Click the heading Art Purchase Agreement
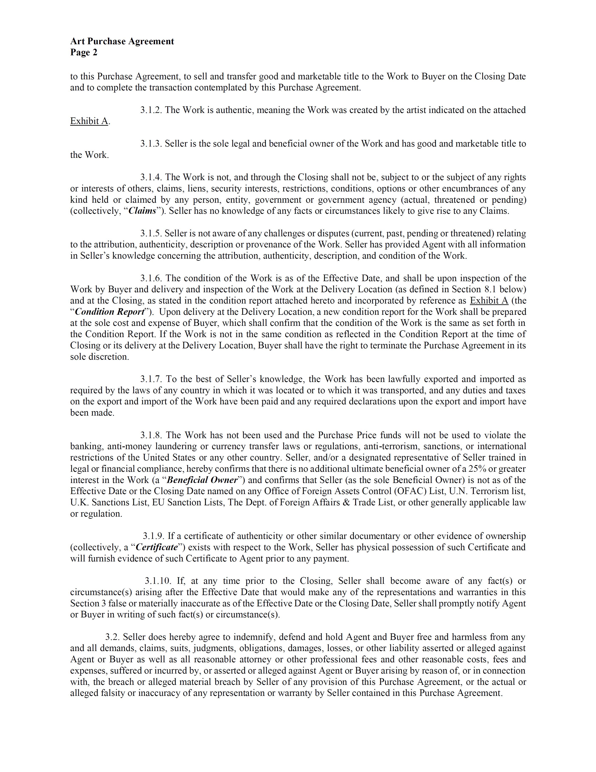(x=122, y=41)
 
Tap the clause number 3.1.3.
(x=151, y=144)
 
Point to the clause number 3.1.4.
(x=151, y=177)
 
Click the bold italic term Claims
(x=142, y=211)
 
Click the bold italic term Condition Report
(x=110, y=312)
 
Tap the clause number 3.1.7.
(x=151, y=379)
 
